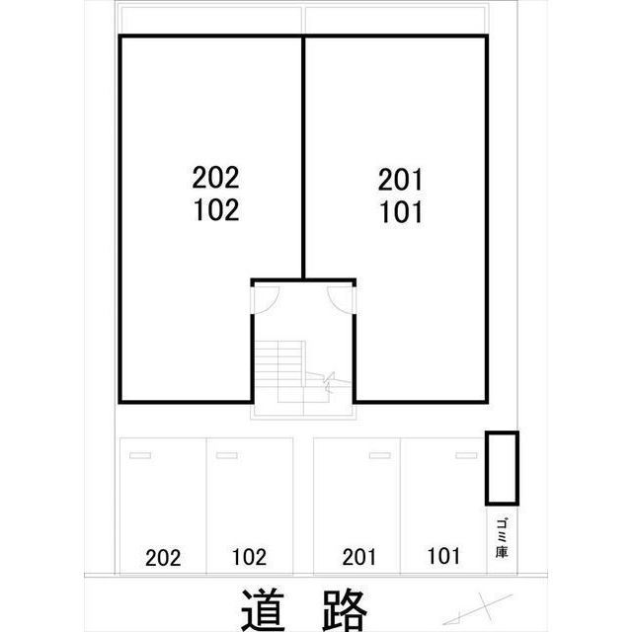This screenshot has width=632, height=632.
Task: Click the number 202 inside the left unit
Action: click(x=215, y=178)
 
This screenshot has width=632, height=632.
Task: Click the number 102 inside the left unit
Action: click(x=216, y=209)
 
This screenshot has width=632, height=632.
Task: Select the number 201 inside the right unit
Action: click(x=400, y=180)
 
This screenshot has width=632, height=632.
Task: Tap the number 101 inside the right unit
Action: click(x=401, y=212)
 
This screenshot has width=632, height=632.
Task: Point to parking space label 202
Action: click(x=163, y=558)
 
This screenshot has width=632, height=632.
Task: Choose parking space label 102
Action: click(x=249, y=557)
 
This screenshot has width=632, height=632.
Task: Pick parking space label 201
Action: click(x=358, y=557)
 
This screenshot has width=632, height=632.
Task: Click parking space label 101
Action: click(x=443, y=556)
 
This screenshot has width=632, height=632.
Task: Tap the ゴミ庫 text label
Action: click(x=502, y=538)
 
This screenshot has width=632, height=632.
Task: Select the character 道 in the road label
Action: click(x=264, y=609)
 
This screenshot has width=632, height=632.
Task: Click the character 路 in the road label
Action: click(x=345, y=609)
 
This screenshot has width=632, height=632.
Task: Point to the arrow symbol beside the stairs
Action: click(x=329, y=381)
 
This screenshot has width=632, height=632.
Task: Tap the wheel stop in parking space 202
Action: click(x=140, y=455)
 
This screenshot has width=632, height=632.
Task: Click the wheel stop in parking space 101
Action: click(x=466, y=455)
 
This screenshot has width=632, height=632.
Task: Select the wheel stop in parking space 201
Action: click(x=380, y=455)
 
